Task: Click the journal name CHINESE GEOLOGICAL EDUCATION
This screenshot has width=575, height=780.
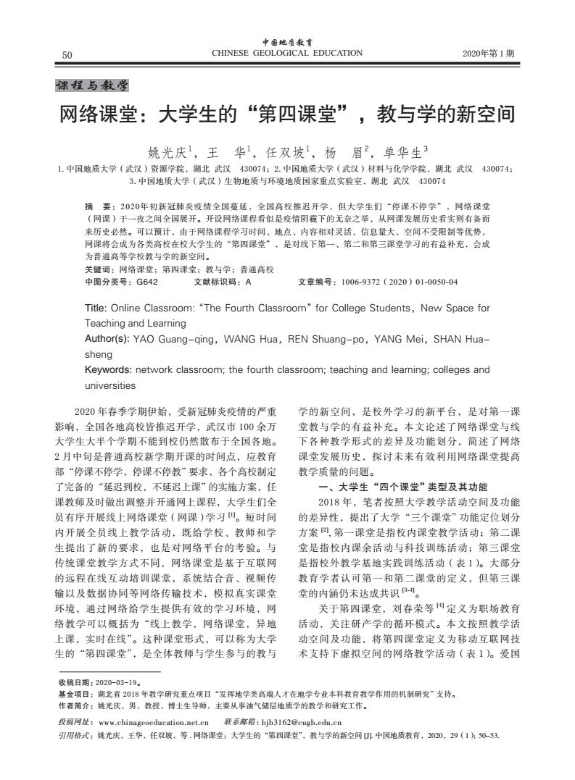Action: point(286,53)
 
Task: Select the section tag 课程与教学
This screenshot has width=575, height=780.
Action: point(92,86)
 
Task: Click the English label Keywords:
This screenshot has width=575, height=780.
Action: point(109,370)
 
